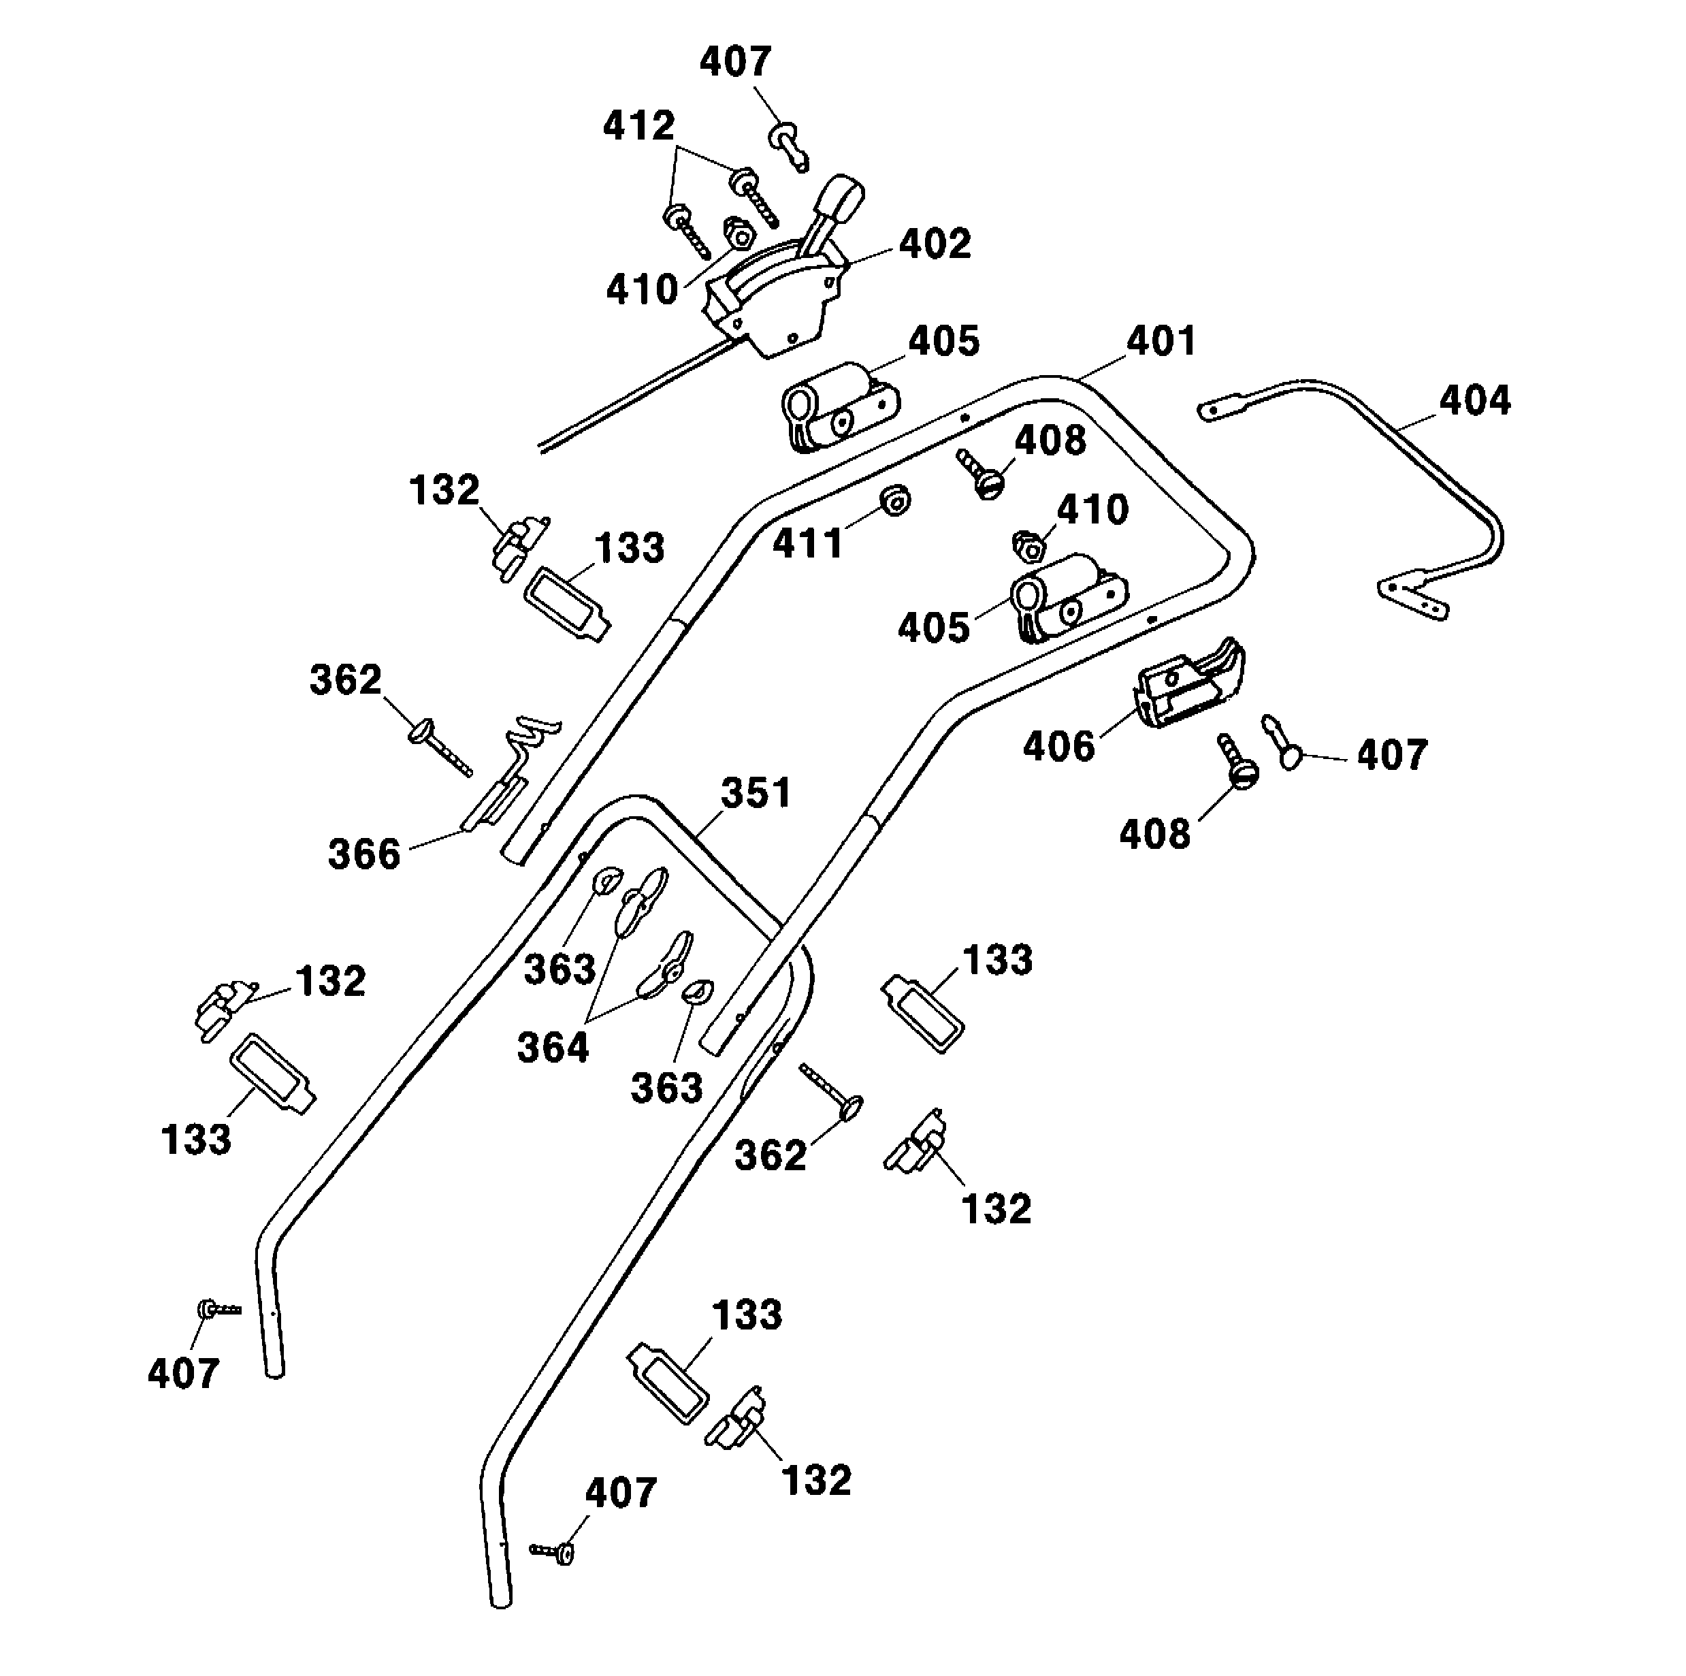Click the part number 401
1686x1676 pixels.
click(1161, 340)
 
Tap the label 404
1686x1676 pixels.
click(1475, 401)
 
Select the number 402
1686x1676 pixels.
click(935, 244)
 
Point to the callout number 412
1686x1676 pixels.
click(638, 127)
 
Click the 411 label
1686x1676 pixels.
click(808, 543)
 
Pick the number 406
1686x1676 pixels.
click(1058, 746)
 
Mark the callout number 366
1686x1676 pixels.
click(364, 854)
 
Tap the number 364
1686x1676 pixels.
click(553, 1046)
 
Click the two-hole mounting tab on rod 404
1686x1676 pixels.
click(1412, 598)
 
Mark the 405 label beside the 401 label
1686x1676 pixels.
click(944, 341)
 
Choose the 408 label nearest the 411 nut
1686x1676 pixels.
click(1050, 441)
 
